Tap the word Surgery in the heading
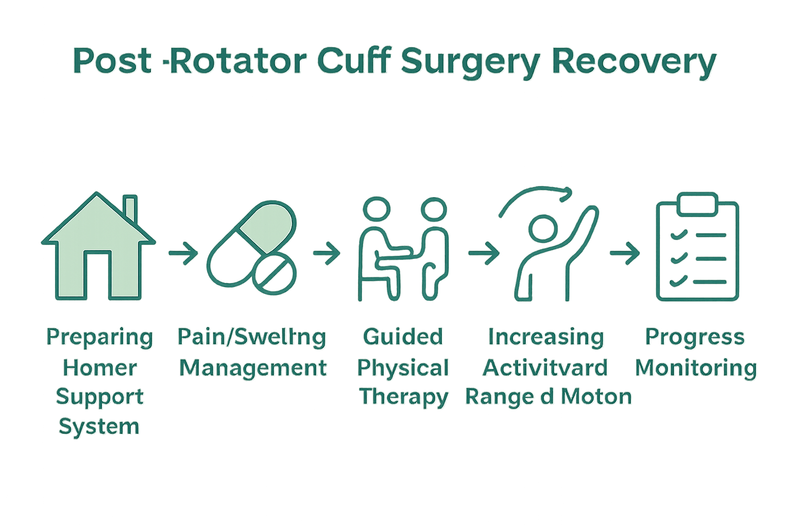pyautogui.click(x=470, y=63)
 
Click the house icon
pyautogui.click(x=98, y=247)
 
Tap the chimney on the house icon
pyautogui.click(x=131, y=208)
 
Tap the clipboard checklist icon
pyautogui.click(x=697, y=247)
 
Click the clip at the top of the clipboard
pyautogui.click(x=697, y=204)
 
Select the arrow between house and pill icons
pyautogui.click(x=183, y=253)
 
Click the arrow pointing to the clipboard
pyautogui.click(x=624, y=253)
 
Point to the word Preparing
pyautogui.click(x=100, y=338)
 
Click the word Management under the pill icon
pyautogui.click(x=253, y=368)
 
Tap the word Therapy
pyautogui.click(x=404, y=397)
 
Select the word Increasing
pyautogui.click(x=546, y=338)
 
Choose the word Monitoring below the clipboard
pyautogui.click(x=696, y=368)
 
